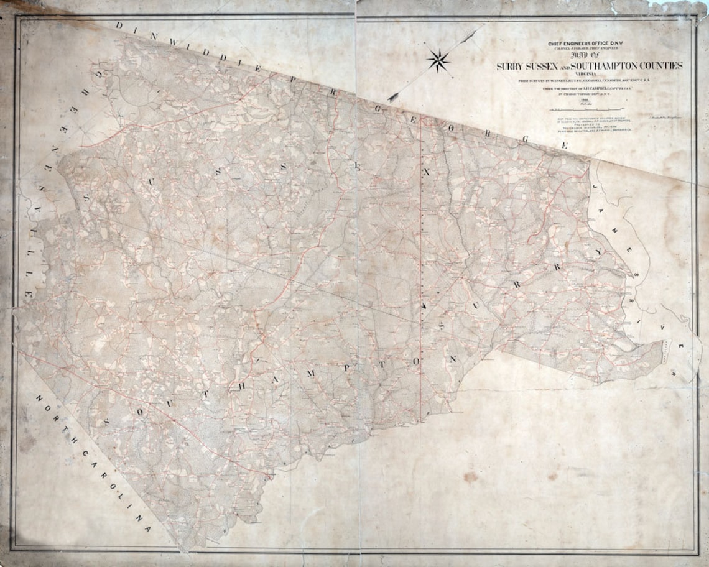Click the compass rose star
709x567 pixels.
click(439, 60)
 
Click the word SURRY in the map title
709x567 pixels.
click(512, 66)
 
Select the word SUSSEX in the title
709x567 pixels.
click(548, 66)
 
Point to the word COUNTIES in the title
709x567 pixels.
click(662, 65)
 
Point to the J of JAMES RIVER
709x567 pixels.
click(595, 186)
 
